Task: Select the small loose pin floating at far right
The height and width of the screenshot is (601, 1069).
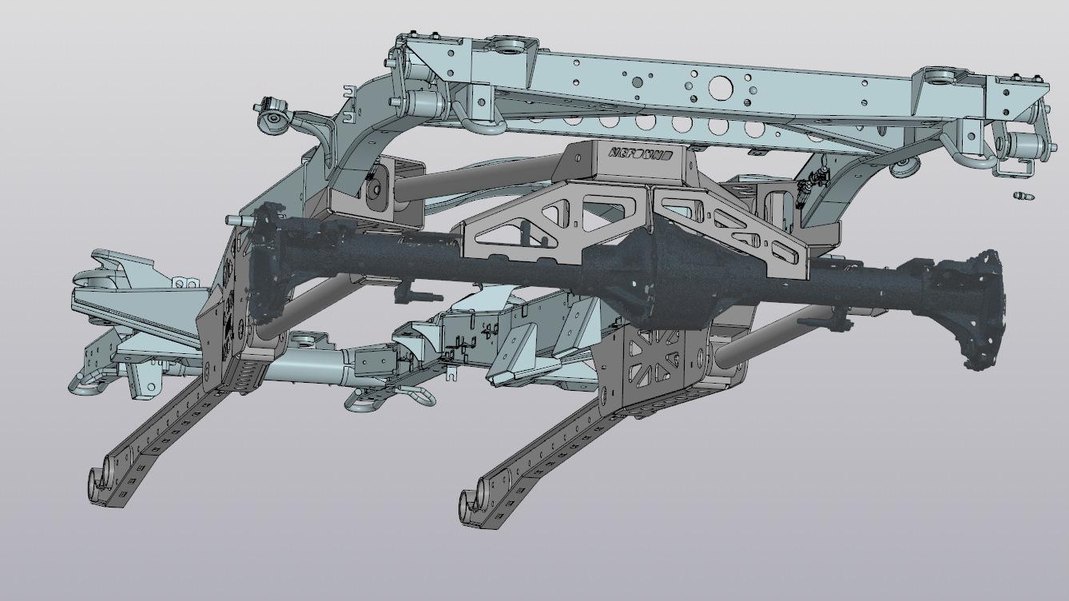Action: [x=1023, y=196]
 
